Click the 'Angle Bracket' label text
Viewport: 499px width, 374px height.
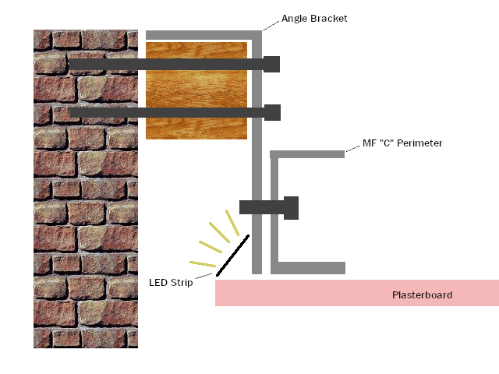pyautogui.click(x=314, y=19)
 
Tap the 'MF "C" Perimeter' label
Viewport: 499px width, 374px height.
pyautogui.click(x=402, y=143)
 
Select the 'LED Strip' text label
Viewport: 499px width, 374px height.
pyautogui.click(x=171, y=283)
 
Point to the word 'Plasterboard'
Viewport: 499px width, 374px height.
pyautogui.click(x=422, y=295)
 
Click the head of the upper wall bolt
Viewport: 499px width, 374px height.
pyautogui.click(x=272, y=64)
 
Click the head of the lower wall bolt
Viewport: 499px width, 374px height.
pyautogui.click(x=272, y=112)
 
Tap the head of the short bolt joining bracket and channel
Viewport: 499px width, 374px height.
pyautogui.click(x=291, y=208)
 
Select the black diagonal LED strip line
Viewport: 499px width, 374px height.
pyautogui.click(x=232, y=256)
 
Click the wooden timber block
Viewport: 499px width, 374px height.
pyautogui.click(x=196, y=90)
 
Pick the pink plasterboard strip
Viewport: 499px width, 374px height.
pyautogui.click(x=357, y=293)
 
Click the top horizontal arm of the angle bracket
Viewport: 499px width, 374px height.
pyautogui.click(x=203, y=35)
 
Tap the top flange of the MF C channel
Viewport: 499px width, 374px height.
pyautogui.click(x=307, y=154)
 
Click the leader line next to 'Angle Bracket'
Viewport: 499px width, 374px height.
pyautogui.click(x=271, y=26)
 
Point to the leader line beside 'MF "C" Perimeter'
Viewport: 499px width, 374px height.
pyautogui.click(x=353, y=149)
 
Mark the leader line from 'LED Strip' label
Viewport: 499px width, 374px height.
pyautogui.click(x=203, y=276)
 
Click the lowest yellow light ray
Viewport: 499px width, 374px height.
pyautogui.click(x=203, y=264)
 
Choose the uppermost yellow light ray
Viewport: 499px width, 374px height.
pyautogui.click(x=232, y=223)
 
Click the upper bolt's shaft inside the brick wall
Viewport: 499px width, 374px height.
pyautogui.click(x=104, y=64)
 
